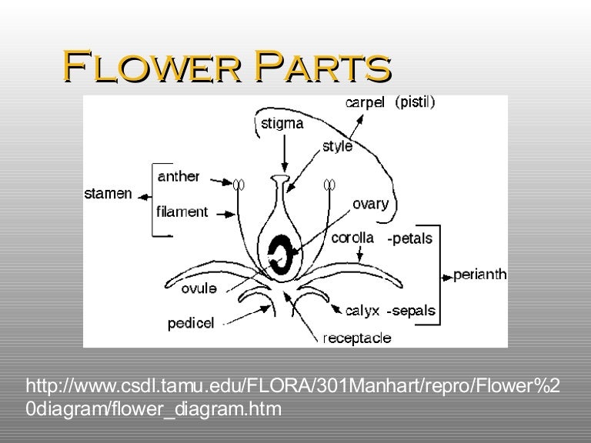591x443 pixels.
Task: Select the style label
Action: (x=337, y=146)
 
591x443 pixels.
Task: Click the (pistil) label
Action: (x=415, y=102)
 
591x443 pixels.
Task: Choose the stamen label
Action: (x=109, y=193)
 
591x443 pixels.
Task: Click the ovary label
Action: (x=371, y=205)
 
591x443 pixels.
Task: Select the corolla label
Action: (x=352, y=238)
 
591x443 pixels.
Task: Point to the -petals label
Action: (x=409, y=239)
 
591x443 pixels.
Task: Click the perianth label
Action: (x=480, y=275)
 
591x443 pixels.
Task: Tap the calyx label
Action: (x=362, y=311)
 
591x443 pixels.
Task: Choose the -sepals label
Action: (x=411, y=311)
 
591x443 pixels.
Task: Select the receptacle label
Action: (x=356, y=338)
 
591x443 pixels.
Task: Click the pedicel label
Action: (x=192, y=324)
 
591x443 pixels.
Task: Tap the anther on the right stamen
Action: (x=329, y=184)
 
